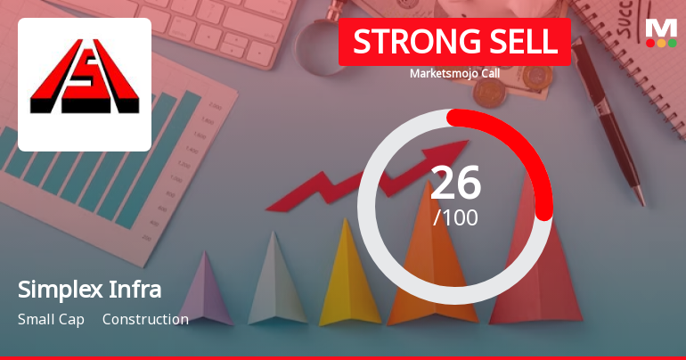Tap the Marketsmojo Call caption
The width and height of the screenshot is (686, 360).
click(x=454, y=73)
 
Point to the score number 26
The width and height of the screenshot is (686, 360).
click(x=455, y=183)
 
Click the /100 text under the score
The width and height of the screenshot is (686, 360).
click(x=455, y=217)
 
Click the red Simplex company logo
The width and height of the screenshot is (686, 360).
click(x=84, y=84)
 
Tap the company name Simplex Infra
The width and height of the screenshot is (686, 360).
click(x=89, y=290)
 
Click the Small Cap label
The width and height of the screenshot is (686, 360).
click(x=51, y=319)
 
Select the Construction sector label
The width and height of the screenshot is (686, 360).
click(x=145, y=319)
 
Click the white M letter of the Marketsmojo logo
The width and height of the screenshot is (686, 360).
click(x=661, y=27)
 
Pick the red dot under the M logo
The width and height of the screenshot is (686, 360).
click(x=650, y=43)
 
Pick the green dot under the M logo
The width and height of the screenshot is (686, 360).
click(x=672, y=43)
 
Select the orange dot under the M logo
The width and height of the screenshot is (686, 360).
click(x=661, y=43)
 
